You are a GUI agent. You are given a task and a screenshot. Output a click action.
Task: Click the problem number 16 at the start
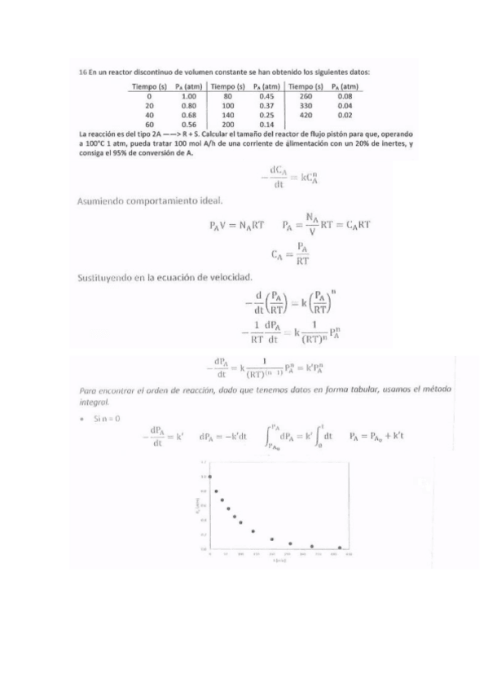81,72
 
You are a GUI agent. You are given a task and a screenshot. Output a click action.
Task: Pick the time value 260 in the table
306,96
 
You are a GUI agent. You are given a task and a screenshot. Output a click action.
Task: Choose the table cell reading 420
306,114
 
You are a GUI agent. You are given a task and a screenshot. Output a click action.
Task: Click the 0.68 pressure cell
188,114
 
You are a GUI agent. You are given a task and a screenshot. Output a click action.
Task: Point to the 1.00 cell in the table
188,96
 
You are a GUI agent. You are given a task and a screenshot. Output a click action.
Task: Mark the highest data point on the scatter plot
210,476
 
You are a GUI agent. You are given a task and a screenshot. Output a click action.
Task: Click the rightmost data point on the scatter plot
340,548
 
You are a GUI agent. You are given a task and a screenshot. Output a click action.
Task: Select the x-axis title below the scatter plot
279,561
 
